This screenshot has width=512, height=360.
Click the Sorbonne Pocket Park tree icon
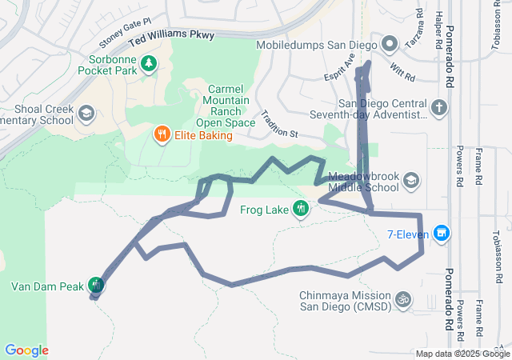tap(148, 62)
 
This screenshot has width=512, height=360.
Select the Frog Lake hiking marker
tap(301, 210)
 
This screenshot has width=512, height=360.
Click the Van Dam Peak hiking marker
tap(97, 285)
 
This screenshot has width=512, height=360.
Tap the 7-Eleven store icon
tap(441, 234)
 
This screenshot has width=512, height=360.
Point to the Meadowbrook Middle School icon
tap(411, 180)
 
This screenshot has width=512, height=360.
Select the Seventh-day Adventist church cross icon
tap(439, 107)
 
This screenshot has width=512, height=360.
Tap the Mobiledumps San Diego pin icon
tap(390, 43)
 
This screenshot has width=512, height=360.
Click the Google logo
tap(26, 350)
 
